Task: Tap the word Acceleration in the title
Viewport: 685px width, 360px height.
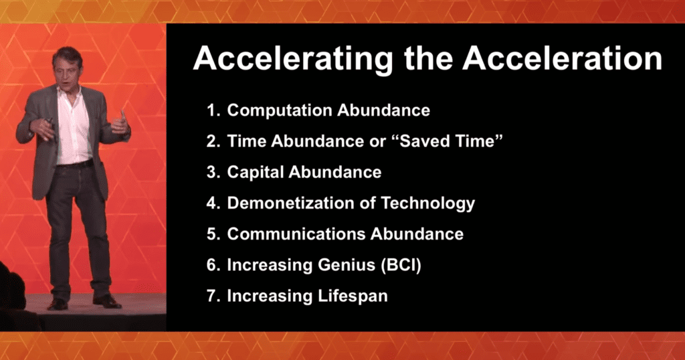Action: coord(563,58)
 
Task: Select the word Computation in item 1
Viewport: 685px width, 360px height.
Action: coord(280,110)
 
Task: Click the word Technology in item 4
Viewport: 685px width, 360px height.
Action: coord(427,204)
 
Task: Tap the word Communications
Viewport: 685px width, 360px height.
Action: coord(296,234)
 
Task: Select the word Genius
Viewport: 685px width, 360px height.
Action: coord(347,265)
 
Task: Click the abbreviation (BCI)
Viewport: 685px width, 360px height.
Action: coord(401,265)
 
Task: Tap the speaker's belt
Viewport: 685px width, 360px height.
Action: coord(75,165)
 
